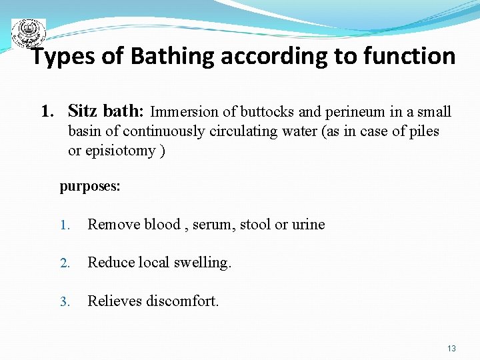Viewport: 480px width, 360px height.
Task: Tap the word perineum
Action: pyautogui.click(x=343, y=112)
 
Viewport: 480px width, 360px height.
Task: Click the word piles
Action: pyautogui.click(x=424, y=131)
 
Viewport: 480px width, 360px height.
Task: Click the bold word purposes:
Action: pyautogui.click(x=90, y=187)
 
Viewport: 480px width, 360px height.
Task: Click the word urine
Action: pyautogui.click(x=308, y=225)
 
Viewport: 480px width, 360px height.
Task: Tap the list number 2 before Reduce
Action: pyautogui.click(x=64, y=263)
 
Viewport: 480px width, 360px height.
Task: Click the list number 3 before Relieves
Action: pyautogui.click(x=64, y=302)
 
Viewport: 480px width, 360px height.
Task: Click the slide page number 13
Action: pyautogui.click(x=451, y=349)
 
